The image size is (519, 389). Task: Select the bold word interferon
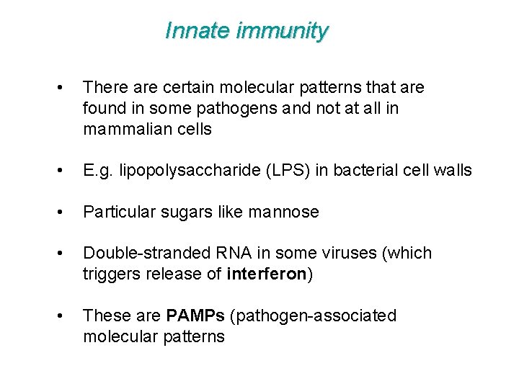pos(267,274)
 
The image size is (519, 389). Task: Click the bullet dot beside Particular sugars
pos(66,213)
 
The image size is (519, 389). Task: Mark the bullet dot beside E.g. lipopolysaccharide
pos(66,171)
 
